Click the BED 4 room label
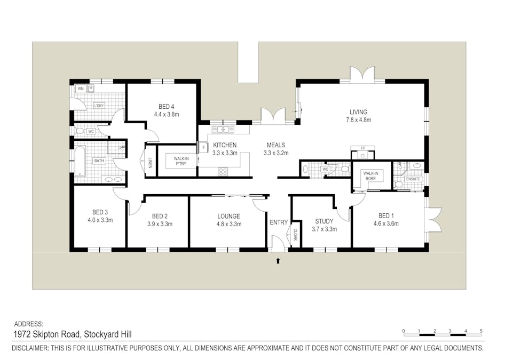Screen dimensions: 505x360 click(166, 107)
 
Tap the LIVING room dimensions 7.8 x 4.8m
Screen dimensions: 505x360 click(358, 120)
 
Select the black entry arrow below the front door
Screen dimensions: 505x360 click(278, 261)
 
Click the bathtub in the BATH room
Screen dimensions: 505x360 click(80, 161)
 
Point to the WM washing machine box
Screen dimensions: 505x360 click(81, 89)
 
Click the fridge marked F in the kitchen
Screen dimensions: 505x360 click(203, 148)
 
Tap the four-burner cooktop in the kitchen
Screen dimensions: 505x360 click(223, 172)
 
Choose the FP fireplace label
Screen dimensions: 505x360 click(362, 148)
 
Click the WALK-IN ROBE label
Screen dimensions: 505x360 click(370, 176)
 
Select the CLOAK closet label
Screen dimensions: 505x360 click(295, 235)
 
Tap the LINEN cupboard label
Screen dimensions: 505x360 click(150, 163)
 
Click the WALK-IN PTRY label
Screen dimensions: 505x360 click(182, 161)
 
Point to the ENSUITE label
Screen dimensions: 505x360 click(413, 179)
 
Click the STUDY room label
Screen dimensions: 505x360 click(324, 221)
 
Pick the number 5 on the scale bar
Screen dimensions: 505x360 click(481, 331)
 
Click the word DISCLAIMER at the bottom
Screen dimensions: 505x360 click(30, 348)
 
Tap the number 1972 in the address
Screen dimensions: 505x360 click(22, 334)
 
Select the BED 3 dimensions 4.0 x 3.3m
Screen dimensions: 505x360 click(100, 220)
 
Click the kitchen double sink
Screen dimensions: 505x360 click(223, 130)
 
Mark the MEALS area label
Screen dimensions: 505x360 click(275, 145)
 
